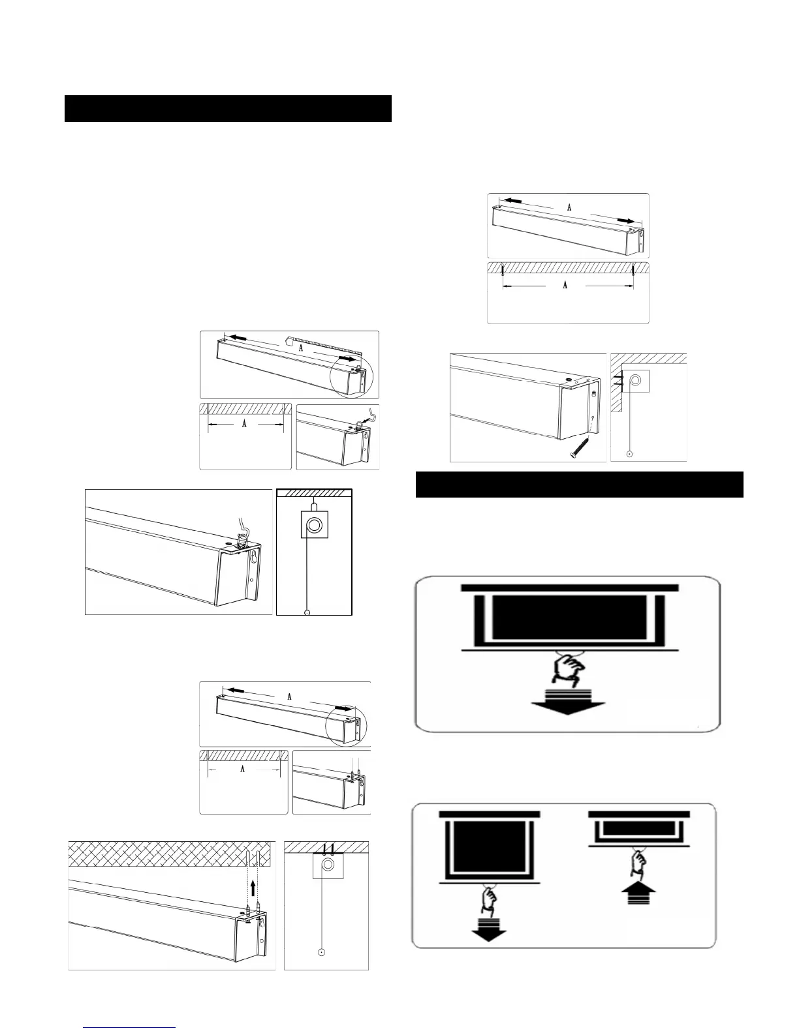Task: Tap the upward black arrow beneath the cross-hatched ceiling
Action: (x=253, y=888)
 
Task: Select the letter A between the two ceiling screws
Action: (x=565, y=286)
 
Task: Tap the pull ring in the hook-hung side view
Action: (x=307, y=612)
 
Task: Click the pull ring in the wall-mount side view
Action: (x=629, y=453)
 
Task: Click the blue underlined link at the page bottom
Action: (x=131, y=1027)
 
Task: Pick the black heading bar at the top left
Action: (x=228, y=108)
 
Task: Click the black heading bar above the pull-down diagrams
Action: (x=580, y=485)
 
